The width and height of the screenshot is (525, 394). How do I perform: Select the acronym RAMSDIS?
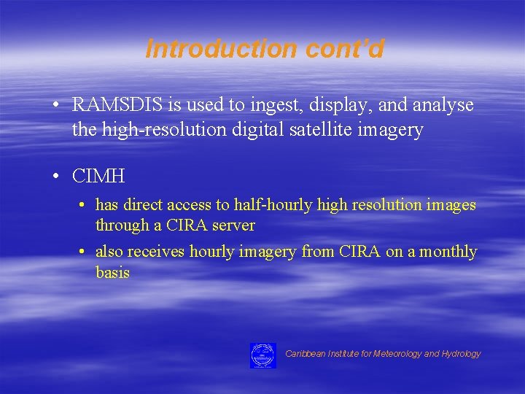point(118,105)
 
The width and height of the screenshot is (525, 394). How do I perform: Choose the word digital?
point(265,131)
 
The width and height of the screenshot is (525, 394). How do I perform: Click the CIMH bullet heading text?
point(98,176)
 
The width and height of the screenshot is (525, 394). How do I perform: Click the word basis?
point(112,273)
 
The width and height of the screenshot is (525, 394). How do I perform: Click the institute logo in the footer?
point(262,355)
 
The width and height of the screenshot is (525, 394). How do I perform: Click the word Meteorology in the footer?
point(394,354)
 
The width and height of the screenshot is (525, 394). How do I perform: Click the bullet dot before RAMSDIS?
point(55,105)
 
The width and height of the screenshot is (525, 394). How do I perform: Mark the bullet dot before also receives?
point(82,252)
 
